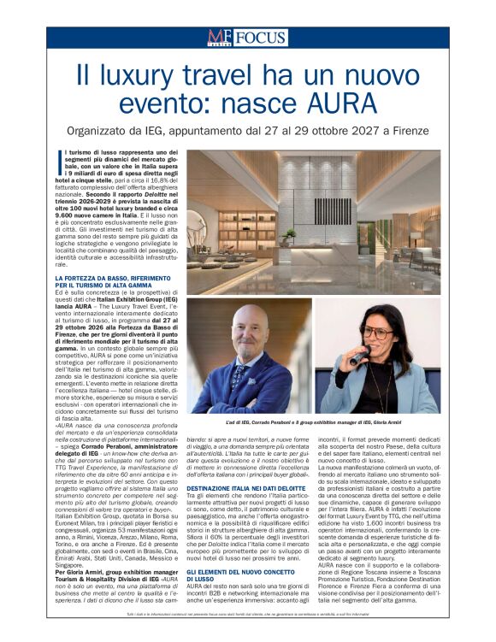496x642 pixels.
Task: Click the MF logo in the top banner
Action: (x=218, y=37)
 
